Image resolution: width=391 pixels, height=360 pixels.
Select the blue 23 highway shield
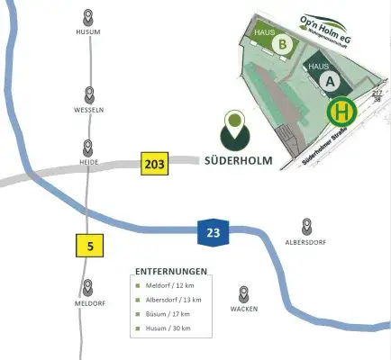point(213,234)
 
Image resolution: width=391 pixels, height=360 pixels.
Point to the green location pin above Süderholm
point(235,128)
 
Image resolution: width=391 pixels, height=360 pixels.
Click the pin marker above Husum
point(88,17)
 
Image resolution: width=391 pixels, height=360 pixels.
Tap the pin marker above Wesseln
point(88,94)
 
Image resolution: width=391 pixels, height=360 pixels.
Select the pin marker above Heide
point(88,148)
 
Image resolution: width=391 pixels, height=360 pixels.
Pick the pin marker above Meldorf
point(88,288)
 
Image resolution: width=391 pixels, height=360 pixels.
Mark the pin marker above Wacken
point(244,293)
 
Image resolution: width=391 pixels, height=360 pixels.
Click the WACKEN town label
point(244,309)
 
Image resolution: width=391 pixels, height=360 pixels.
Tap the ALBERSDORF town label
point(306,243)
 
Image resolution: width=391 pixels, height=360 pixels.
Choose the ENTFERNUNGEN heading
point(171,271)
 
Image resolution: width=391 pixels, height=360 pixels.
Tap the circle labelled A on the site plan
point(330,82)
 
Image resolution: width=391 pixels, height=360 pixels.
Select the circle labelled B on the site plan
point(283,44)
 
